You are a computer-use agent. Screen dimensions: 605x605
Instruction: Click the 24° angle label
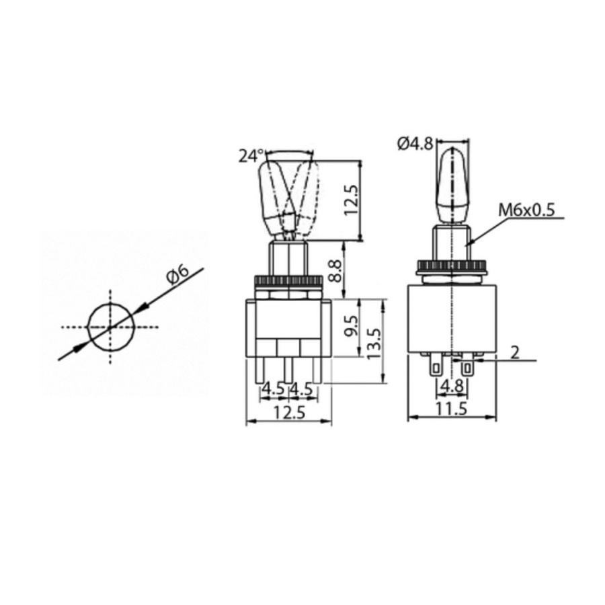pyautogui.click(x=251, y=156)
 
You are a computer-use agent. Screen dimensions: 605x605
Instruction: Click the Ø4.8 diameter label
pyautogui.click(x=414, y=143)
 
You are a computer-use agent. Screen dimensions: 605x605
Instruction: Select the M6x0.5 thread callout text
pyautogui.click(x=526, y=210)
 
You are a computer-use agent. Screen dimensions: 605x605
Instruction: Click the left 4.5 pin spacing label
pyautogui.click(x=272, y=388)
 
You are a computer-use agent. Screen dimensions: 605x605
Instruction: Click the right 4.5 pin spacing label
pyautogui.click(x=303, y=388)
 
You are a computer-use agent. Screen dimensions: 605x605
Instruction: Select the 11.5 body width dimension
pyautogui.click(x=451, y=408)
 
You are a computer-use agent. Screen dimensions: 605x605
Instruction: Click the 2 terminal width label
pyautogui.click(x=514, y=352)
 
